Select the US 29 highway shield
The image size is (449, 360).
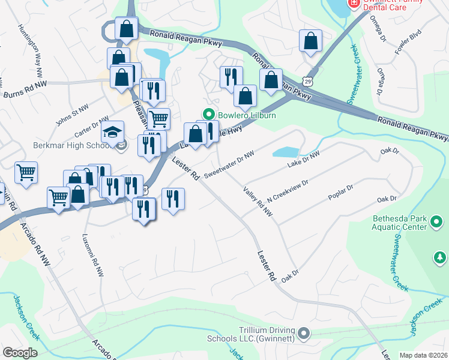pyautogui.click(x=308, y=80)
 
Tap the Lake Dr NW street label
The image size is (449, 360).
pyautogui.click(x=304, y=159)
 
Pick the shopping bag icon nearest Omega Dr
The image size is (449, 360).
pyautogui.click(x=310, y=41)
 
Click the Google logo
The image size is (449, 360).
pyautogui.click(x=20, y=353)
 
